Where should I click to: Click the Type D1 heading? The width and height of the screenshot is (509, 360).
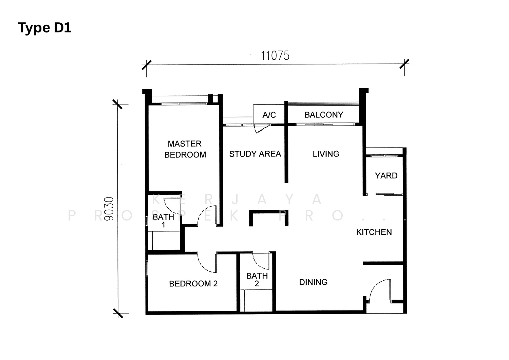point(44,28)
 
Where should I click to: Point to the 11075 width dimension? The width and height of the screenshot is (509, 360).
point(275,56)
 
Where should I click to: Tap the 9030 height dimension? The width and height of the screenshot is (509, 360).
point(109,209)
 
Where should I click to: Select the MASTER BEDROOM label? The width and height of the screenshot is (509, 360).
point(185,149)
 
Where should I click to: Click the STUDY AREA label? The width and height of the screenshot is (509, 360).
point(255,154)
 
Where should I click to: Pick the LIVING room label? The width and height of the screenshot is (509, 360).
point(326,154)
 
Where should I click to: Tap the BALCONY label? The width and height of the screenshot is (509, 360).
point(324,115)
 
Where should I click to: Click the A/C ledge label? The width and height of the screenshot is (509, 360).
point(269,115)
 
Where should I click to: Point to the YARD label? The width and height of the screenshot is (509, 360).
point(386,176)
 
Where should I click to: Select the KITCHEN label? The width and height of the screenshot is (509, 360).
point(374,232)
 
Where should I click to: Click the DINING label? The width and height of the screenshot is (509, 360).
point(313,282)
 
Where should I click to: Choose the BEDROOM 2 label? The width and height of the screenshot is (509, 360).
point(193,283)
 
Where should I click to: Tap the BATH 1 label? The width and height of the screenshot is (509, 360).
point(163,221)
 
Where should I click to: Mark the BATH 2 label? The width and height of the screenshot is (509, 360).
point(257,280)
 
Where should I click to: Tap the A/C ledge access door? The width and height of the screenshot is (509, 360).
point(262,129)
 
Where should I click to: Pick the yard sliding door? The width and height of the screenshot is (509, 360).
point(389,194)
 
